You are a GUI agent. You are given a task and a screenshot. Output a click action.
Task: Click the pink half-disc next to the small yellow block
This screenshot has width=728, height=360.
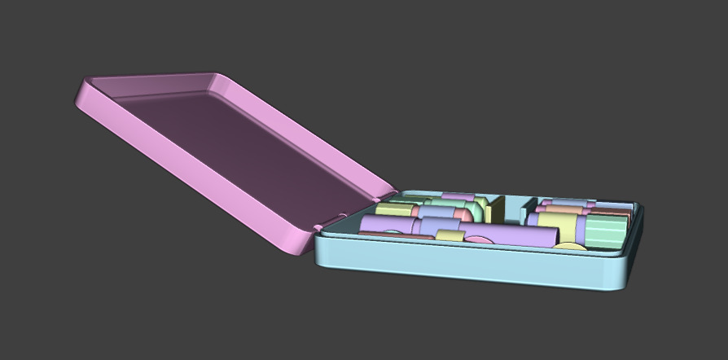coord(480,240)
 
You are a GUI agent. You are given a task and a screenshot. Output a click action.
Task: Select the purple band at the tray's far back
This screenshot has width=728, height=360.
coord(458,196)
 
